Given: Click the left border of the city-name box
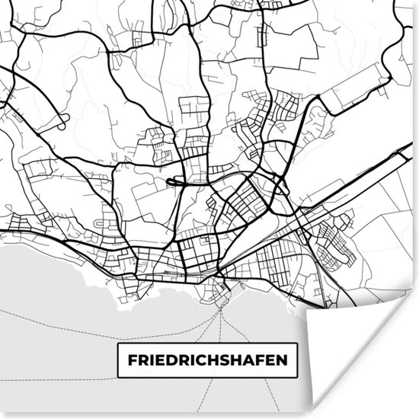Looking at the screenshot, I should [x=117, y=360].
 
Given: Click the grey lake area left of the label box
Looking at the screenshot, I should [x=53, y=358].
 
